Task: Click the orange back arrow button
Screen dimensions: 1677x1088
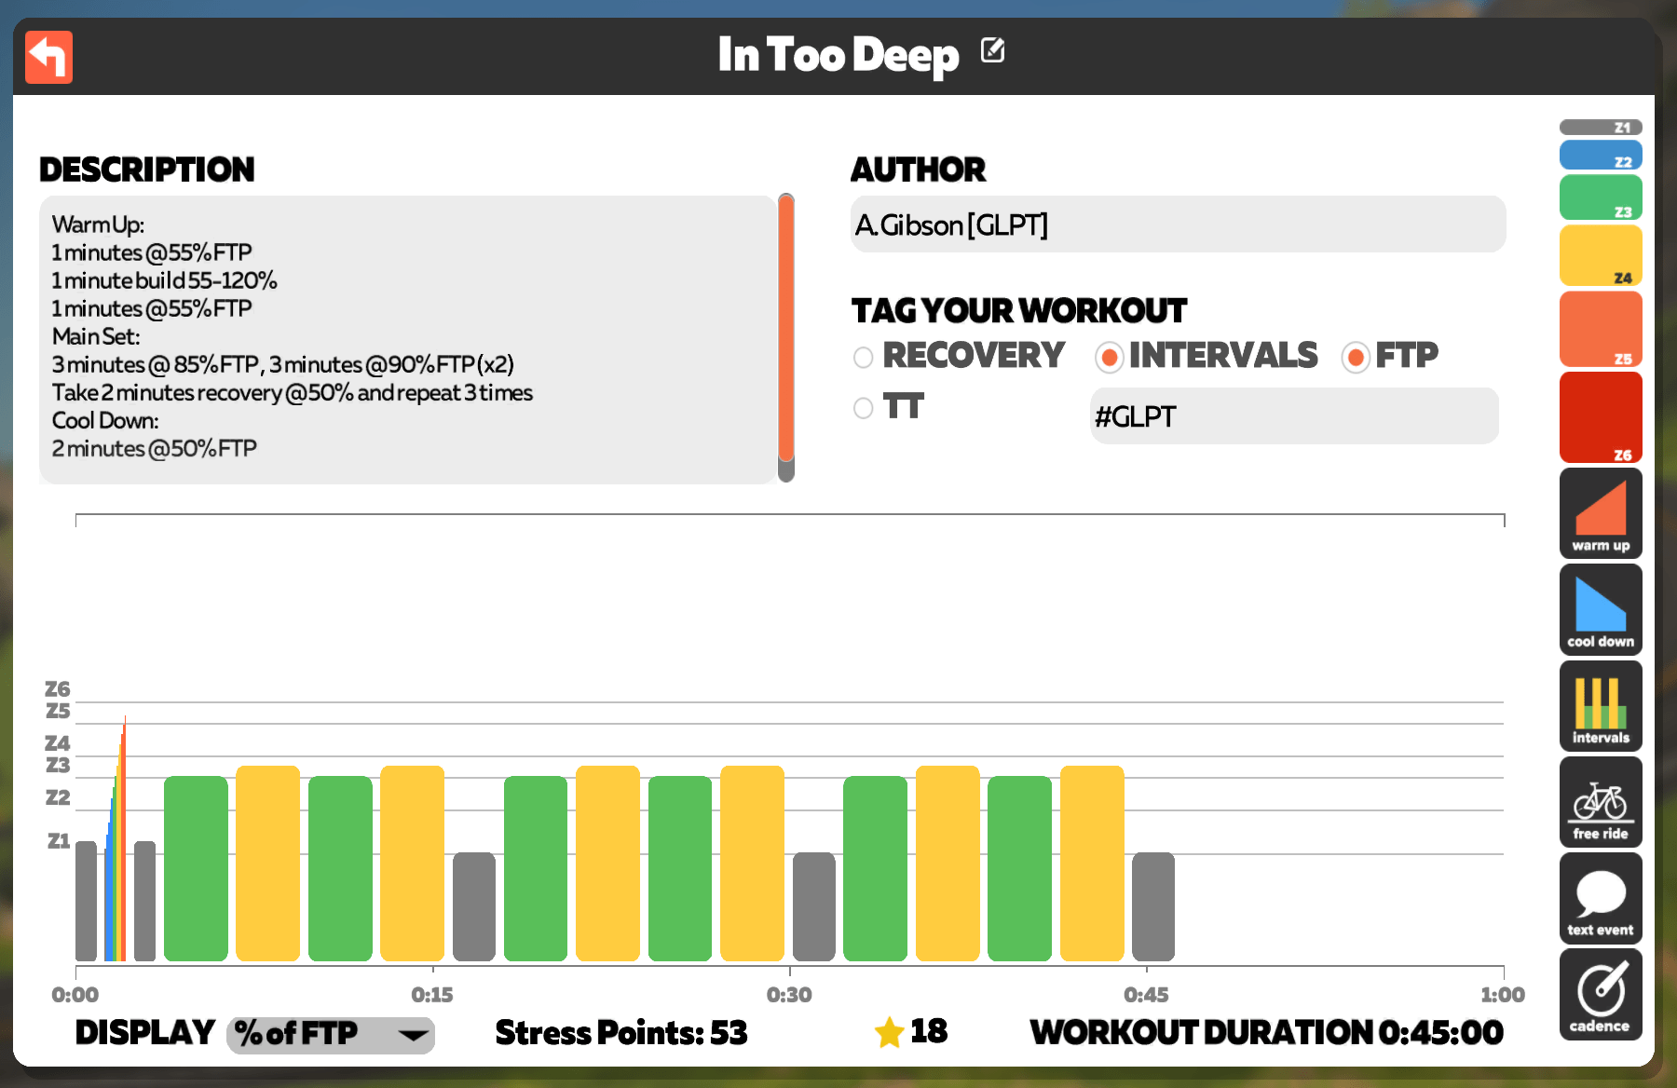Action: coord(48,58)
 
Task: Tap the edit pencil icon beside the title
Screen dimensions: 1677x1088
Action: coord(993,50)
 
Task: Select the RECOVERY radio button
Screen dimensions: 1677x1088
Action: coord(864,358)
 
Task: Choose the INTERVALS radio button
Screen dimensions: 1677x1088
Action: coord(1109,358)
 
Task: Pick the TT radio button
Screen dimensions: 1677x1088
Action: coord(864,408)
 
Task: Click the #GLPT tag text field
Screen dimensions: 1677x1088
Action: coord(1294,416)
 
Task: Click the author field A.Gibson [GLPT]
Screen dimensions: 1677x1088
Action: coord(1178,224)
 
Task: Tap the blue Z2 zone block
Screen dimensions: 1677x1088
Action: coord(1601,155)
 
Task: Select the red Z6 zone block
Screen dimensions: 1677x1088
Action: coord(1601,417)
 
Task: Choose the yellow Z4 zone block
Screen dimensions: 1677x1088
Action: coord(1601,255)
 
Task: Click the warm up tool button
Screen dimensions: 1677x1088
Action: coord(1601,513)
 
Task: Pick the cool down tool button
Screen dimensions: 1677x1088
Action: coord(1601,609)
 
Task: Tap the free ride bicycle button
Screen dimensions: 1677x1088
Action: coord(1601,802)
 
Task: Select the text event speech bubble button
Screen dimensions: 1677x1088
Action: coord(1601,898)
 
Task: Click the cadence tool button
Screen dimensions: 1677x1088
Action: coord(1601,994)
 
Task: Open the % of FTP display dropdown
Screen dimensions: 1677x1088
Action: coord(331,1034)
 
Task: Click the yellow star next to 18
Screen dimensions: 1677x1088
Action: coord(890,1032)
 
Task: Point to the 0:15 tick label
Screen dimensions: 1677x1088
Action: coord(432,995)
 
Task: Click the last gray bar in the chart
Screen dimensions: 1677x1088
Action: coord(1153,906)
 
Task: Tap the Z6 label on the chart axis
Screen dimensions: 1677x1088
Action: coord(58,689)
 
